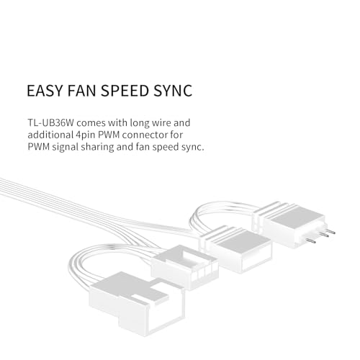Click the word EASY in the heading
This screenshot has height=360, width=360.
click(x=45, y=91)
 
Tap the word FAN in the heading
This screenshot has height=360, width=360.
click(x=81, y=91)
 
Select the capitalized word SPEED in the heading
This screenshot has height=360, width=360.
click(x=125, y=91)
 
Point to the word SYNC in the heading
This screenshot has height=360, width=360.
click(x=173, y=91)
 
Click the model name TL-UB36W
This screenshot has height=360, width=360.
click(x=50, y=122)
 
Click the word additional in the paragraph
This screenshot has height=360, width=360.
click(x=50, y=135)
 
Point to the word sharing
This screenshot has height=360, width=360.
click(x=97, y=147)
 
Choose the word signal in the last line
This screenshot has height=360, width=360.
click(x=66, y=147)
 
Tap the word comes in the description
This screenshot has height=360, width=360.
click(x=91, y=123)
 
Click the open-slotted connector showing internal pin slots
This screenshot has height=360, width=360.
click(x=184, y=267)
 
